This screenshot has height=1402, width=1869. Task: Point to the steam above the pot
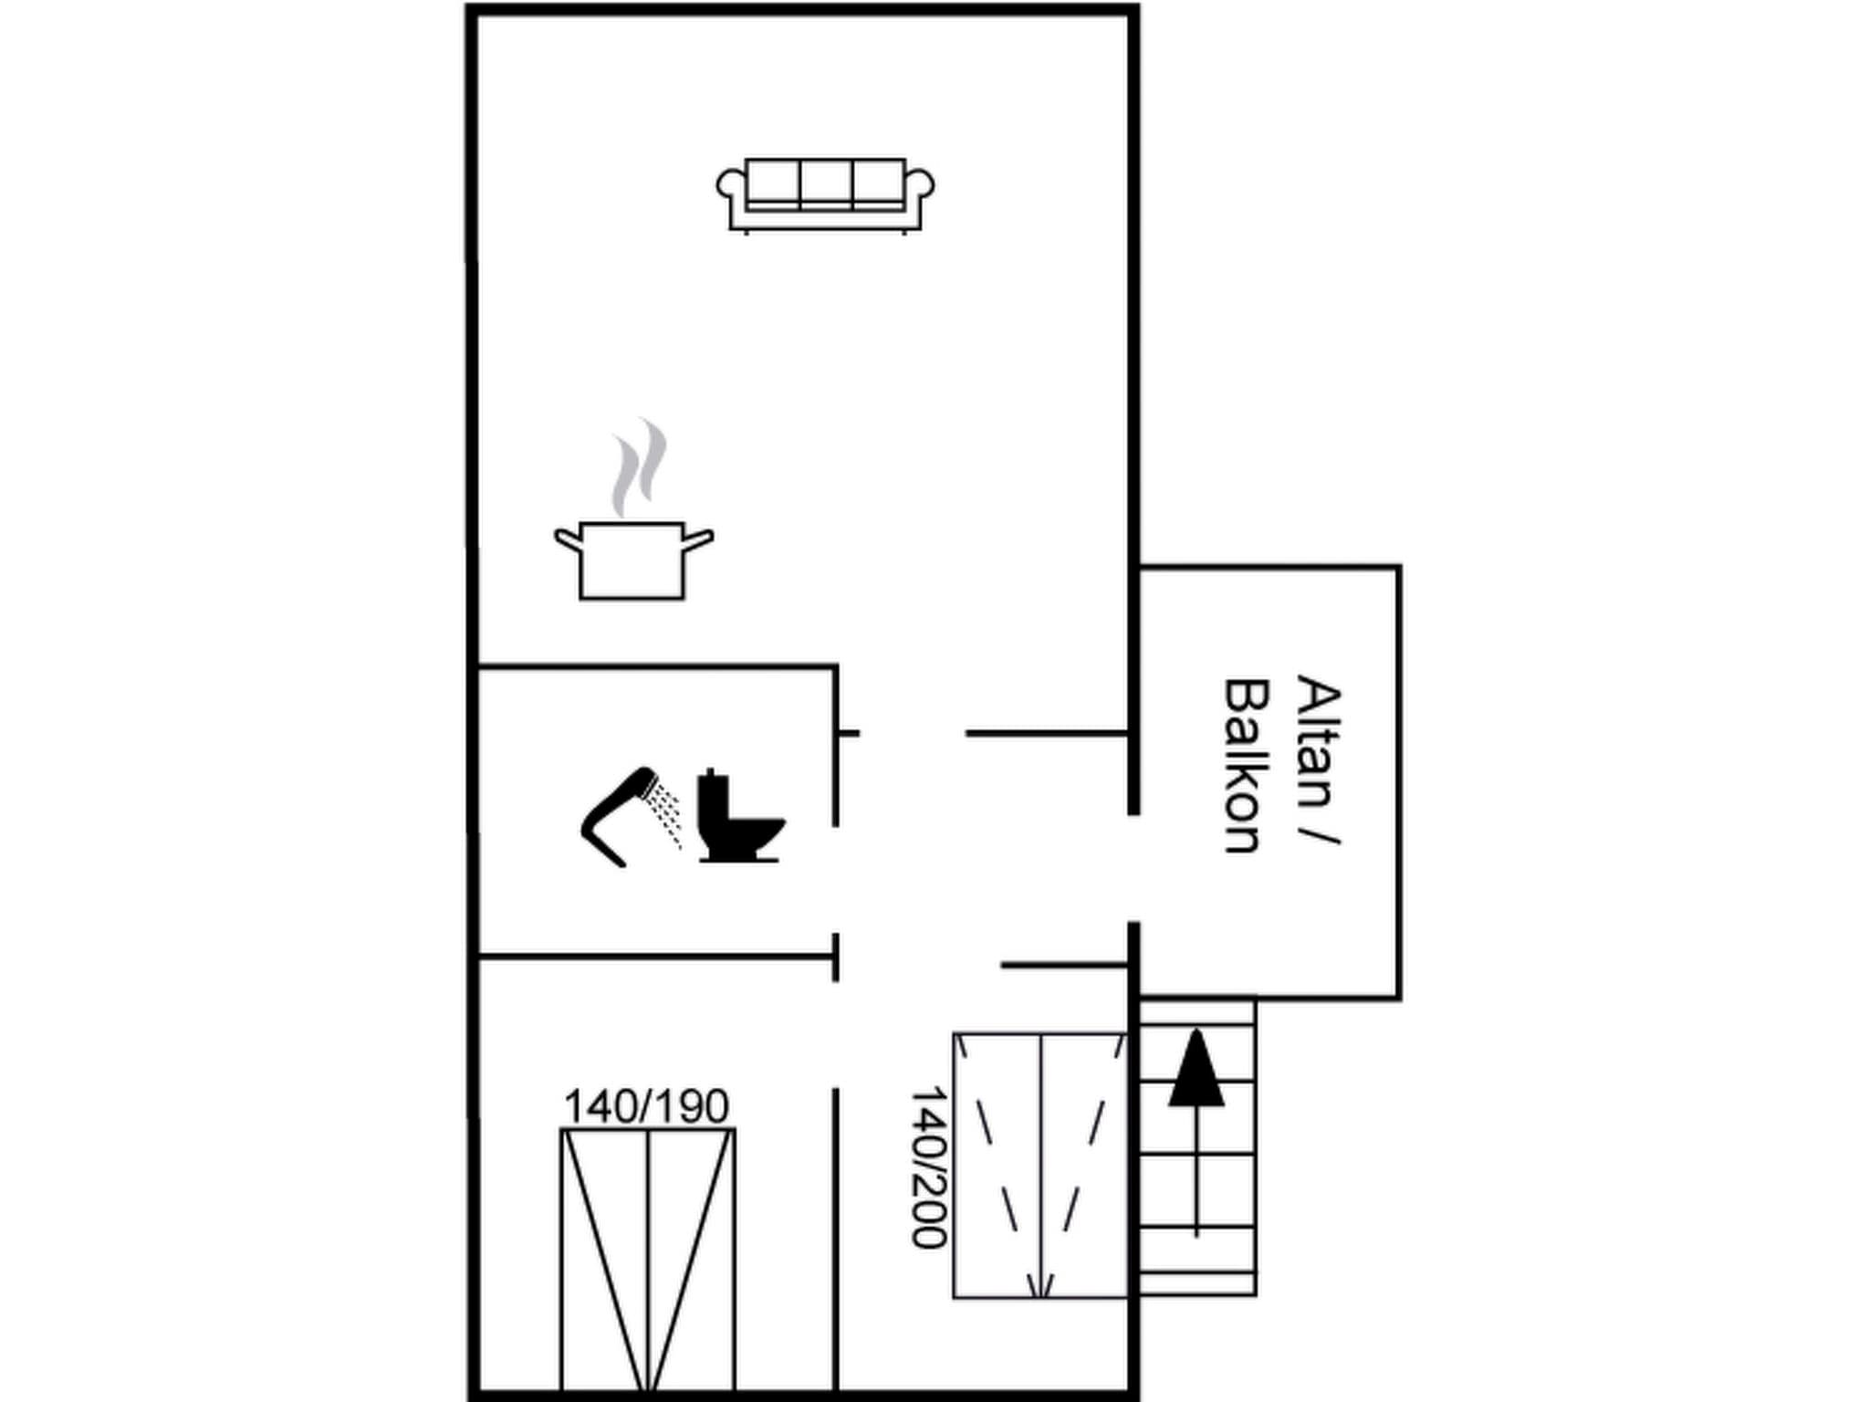point(638,466)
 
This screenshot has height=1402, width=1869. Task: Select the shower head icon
point(619,816)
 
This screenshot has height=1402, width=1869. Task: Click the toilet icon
point(740,817)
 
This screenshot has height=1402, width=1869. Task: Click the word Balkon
point(1245,766)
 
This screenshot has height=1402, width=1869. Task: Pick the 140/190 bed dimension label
point(647,1106)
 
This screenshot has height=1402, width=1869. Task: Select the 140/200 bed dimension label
point(929,1167)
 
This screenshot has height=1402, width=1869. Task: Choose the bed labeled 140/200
point(1040,1165)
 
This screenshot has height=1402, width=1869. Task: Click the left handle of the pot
point(568,539)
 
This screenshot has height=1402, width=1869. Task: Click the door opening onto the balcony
point(1133,868)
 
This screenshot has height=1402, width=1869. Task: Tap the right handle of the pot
point(698,540)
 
